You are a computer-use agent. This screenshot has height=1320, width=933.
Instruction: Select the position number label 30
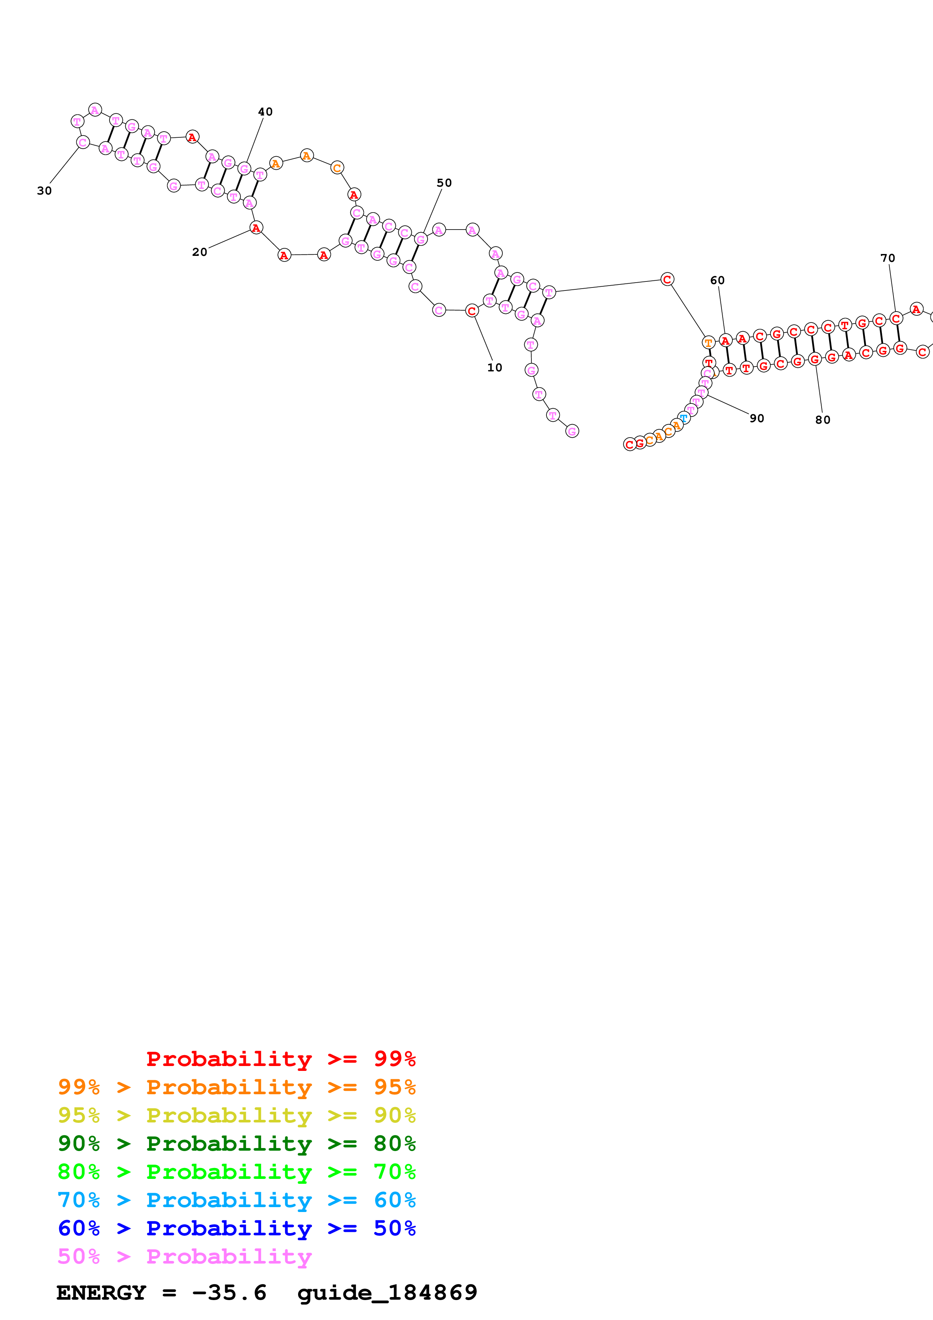44,191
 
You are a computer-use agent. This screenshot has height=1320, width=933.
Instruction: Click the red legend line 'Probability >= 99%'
280,1059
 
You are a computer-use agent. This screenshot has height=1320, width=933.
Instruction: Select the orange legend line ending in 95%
236,1087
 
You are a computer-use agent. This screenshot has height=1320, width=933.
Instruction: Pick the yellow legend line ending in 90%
236,1115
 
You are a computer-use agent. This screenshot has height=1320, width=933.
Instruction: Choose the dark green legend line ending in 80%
236,1144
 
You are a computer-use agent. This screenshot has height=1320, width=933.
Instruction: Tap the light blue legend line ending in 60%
236,1200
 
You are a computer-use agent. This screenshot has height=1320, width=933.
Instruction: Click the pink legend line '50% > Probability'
184,1256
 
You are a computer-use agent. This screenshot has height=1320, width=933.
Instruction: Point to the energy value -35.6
229,1293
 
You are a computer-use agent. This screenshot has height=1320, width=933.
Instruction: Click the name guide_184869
387,1293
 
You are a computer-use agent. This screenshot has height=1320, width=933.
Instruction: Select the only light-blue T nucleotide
683,417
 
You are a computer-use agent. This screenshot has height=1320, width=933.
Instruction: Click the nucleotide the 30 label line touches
83,142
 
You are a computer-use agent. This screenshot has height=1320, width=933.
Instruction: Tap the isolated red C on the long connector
667,280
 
